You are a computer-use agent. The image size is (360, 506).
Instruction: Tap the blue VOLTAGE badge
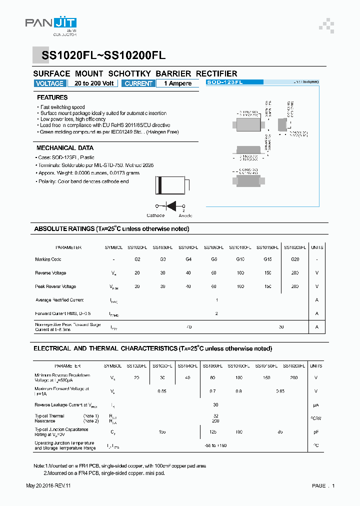click(x=50, y=83)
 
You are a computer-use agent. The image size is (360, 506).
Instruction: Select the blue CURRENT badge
click(x=138, y=83)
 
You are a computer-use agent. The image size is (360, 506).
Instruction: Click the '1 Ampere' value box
click(x=180, y=83)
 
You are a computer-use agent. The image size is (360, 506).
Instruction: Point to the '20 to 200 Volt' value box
click(x=94, y=83)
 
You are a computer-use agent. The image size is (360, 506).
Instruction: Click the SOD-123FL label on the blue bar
click(x=225, y=82)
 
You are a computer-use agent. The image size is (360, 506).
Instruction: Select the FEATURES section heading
click(x=52, y=97)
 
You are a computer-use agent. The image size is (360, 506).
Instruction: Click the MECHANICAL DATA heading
click(x=65, y=148)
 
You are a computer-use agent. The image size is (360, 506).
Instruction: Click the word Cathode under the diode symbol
click(x=155, y=215)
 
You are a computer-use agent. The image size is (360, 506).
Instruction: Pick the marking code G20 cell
click(x=295, y=259)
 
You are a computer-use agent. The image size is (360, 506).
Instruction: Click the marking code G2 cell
click(x=137, y=259)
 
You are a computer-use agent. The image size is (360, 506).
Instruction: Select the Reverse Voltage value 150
click(x=267, y=273)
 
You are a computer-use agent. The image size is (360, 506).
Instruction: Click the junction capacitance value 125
click(x=213, y=431)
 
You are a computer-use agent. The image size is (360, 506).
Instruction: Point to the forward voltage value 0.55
click(x=162, y=391)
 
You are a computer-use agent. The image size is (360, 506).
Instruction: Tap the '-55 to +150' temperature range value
click(x=216, y=445)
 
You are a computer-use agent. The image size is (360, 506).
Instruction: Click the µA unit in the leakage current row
click(x=316, y=405)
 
